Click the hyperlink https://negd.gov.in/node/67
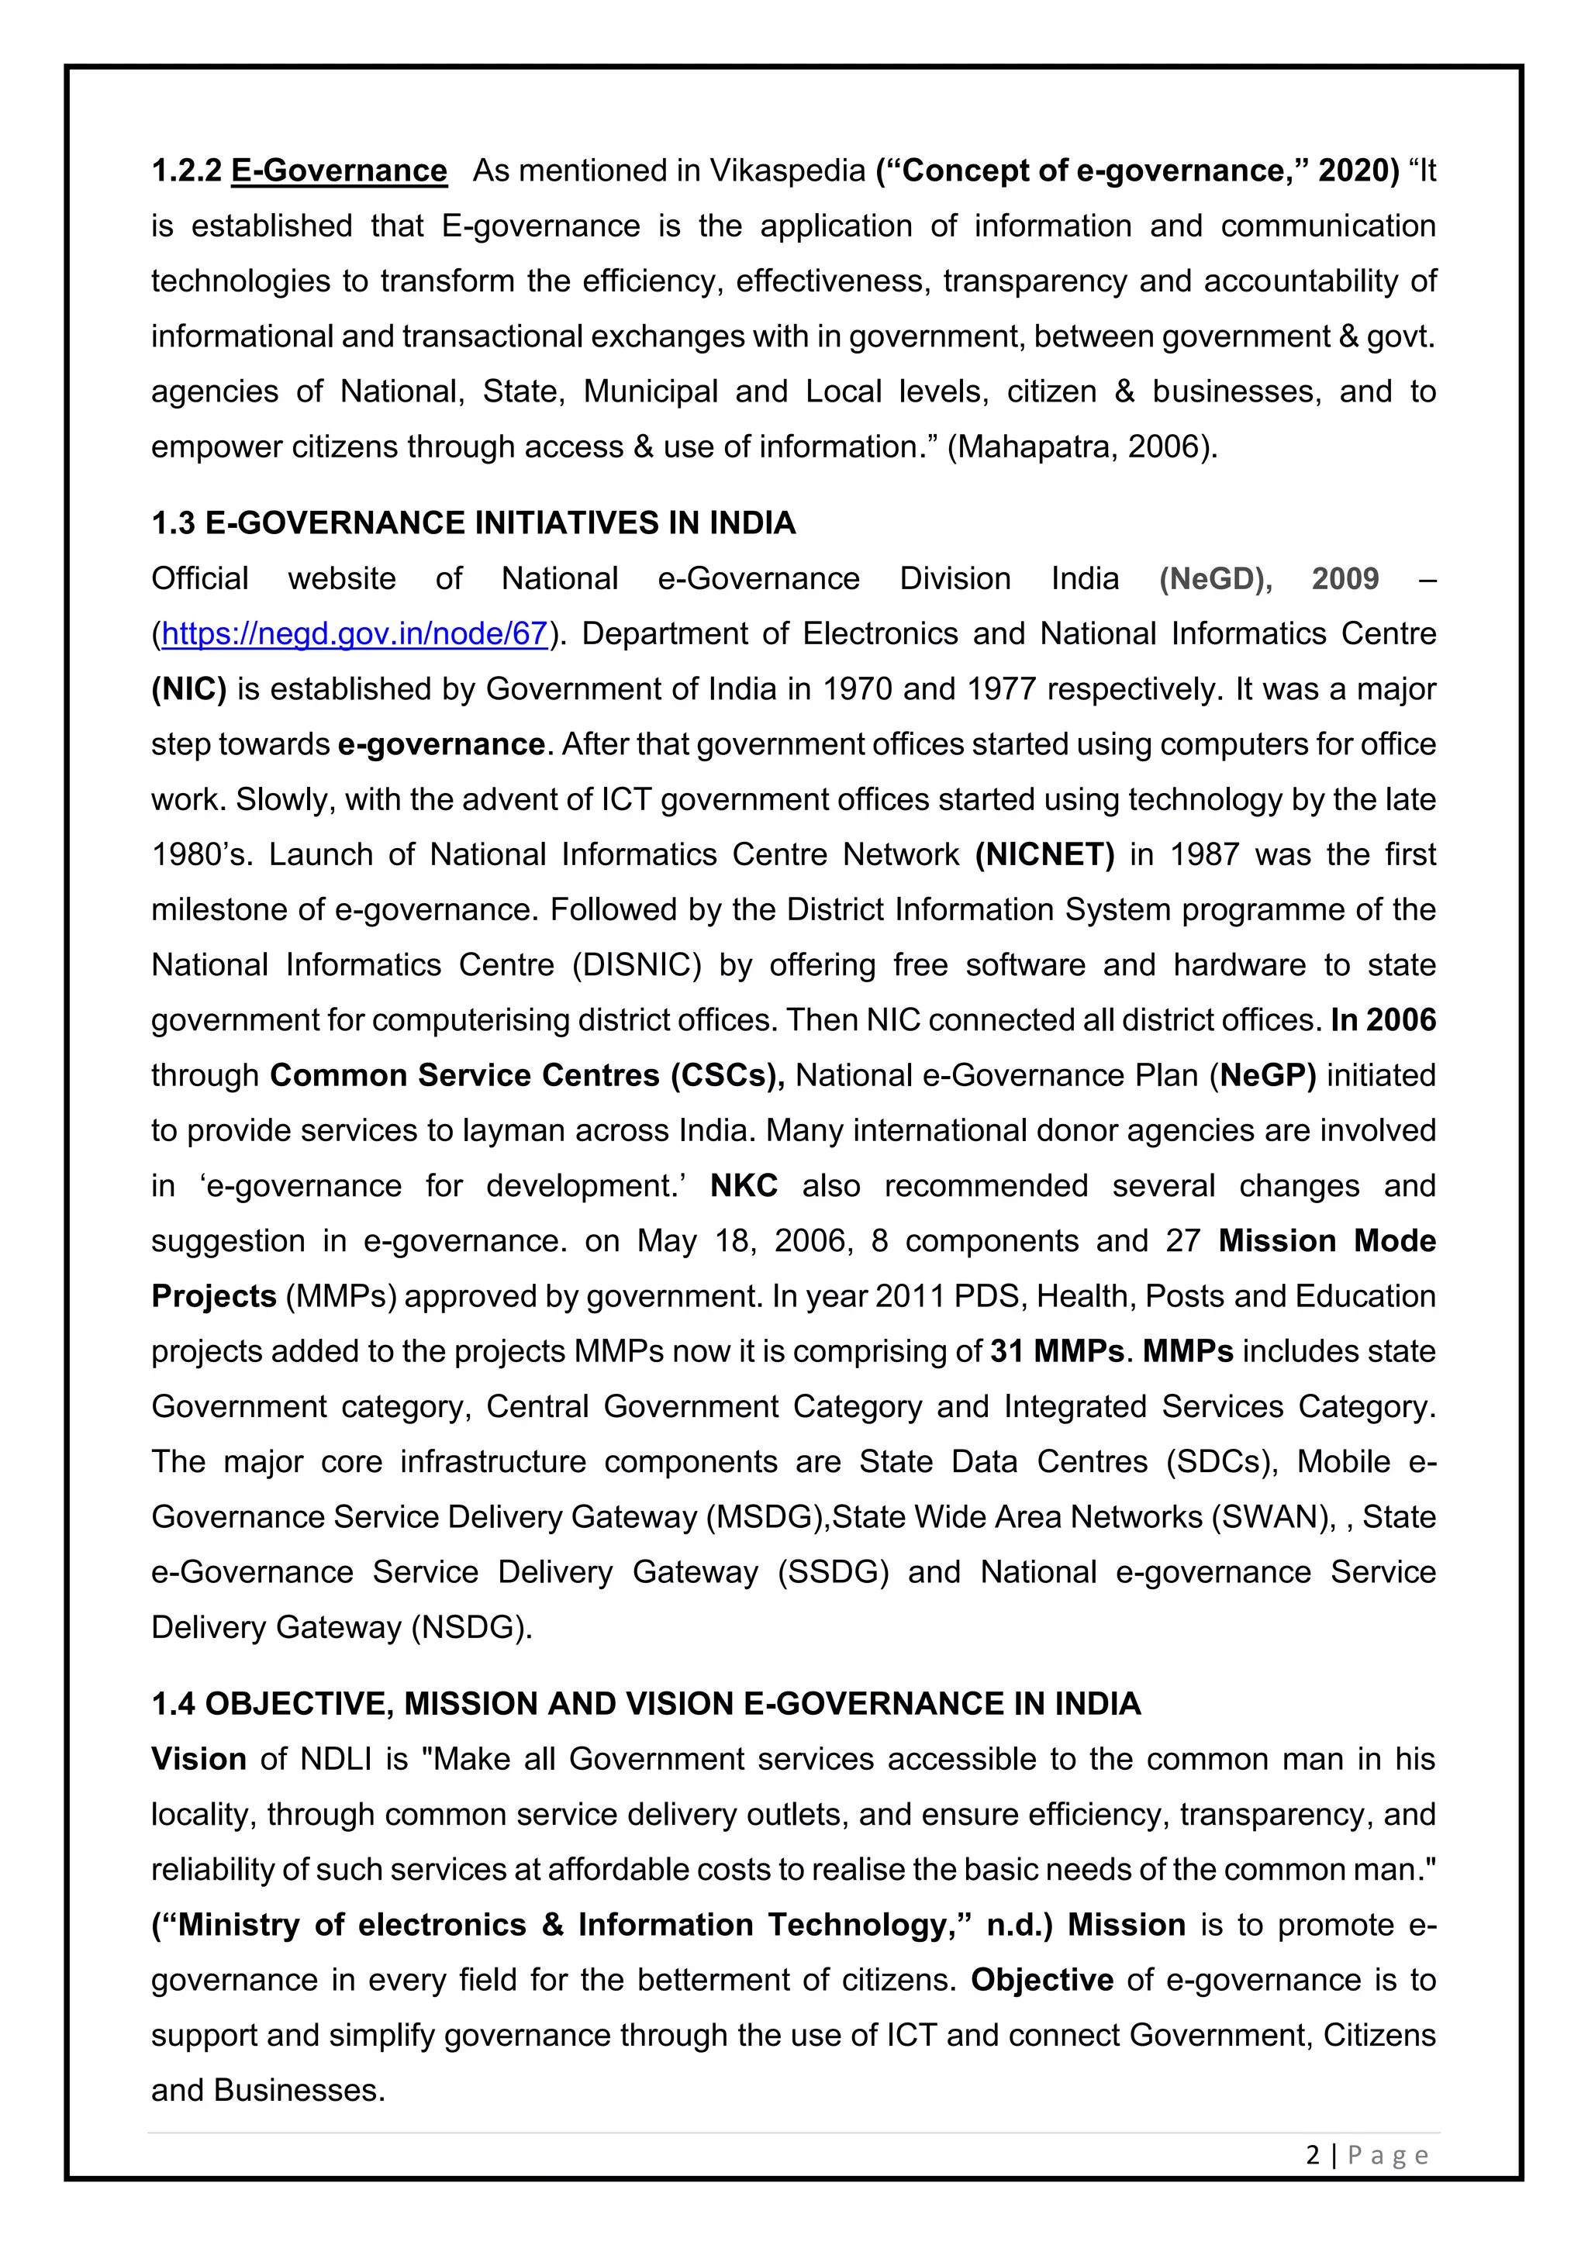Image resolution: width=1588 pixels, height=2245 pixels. click(354, 633)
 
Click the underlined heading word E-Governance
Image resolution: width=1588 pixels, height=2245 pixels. click(340, 171)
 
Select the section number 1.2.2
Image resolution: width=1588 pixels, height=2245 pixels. click(187, 171)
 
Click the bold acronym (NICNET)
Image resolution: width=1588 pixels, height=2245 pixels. click(1044, 854)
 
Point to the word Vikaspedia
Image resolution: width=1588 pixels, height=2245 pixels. click(787, 171)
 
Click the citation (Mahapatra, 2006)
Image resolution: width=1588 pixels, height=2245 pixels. click(1082, 447)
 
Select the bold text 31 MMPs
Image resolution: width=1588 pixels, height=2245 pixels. click(1056, 1351)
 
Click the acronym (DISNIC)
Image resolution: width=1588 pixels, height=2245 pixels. click(637, 965)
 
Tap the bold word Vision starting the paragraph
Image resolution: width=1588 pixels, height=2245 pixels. click(198, 1759)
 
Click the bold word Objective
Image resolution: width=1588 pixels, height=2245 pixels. click(1041, 1980)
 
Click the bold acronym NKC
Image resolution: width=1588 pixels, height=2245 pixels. click(743, 1186)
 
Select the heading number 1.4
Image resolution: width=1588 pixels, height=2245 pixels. click(173, 1704)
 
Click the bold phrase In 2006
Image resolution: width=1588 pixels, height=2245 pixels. click(1383, 1021)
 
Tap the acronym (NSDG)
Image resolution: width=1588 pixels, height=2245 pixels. click(471, 1627)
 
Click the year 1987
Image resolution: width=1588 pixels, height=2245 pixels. click(1205, 854)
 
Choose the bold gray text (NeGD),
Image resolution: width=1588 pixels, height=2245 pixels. click(1216, 579)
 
